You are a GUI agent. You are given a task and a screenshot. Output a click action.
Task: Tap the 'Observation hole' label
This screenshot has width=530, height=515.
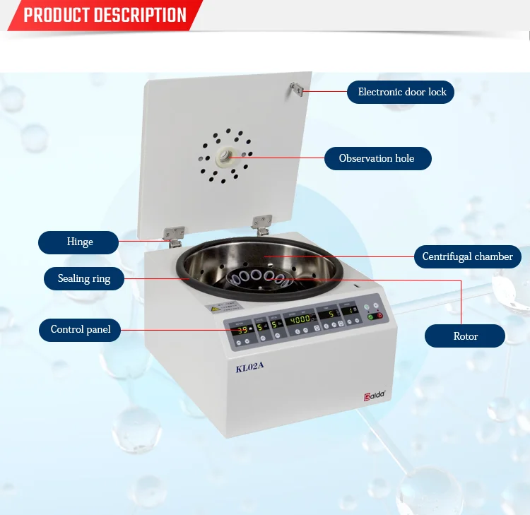coord(377,158)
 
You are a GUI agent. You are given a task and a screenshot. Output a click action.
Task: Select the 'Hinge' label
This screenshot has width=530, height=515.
coord(80,242)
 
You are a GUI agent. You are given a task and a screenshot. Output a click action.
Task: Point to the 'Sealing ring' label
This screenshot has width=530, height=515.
coord(84,278)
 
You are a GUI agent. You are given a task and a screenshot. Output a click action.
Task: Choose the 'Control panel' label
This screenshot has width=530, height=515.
coord(81,329)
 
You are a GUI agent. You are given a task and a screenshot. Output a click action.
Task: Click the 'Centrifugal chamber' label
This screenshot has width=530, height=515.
coord(467,256)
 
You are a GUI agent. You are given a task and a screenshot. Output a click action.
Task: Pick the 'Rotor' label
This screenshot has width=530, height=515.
coord(465,336)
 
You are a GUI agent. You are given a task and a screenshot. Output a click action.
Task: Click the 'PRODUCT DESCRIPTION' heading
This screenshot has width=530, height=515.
coord(105,15)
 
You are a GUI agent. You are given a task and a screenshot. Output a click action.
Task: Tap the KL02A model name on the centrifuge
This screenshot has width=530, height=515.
coord(249,366)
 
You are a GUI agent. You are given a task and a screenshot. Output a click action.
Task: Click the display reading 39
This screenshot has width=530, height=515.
coord(242,329)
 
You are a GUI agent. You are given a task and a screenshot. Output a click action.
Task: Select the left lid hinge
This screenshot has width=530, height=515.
coord(174,232)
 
